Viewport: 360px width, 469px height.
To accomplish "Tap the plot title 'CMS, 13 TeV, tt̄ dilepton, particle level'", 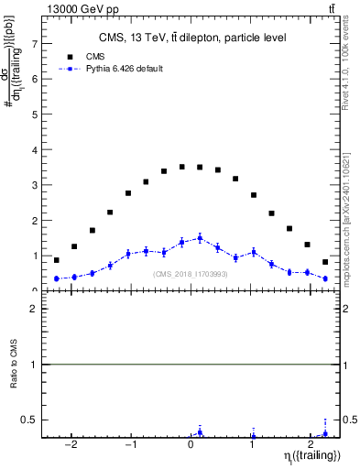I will tap(192, 38).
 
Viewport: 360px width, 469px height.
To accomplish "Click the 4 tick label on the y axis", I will tap(37, 150).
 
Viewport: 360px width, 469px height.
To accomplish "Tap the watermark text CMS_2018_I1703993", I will tap(190, 273).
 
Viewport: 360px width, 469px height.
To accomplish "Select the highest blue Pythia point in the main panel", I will tap(200, 238).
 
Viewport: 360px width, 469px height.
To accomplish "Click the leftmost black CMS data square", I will tap(57, 260).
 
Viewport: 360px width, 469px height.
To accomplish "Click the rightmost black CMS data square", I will tap(325, 262).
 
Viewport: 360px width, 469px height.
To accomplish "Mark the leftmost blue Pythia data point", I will tap(57, 278).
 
